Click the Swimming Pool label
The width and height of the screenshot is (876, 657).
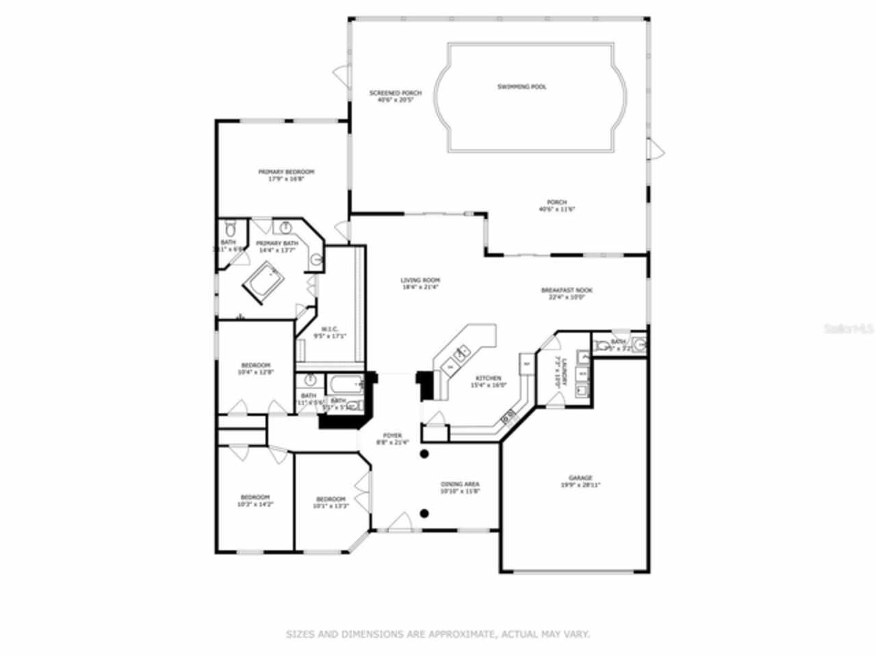coord(521,87)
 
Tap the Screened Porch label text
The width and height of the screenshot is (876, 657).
coord(396,96)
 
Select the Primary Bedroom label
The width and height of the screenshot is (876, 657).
coord(286,175)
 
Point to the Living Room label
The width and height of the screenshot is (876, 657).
coord(420,283)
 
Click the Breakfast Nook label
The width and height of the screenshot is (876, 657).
coord(567,294)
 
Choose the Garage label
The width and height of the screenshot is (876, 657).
coord(580,482)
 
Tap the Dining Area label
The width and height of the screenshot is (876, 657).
coord(460,487)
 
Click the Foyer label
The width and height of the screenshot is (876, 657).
coord(392,439)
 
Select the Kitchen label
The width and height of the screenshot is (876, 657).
coord(488,381)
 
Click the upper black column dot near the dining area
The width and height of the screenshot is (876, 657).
coord(424,454)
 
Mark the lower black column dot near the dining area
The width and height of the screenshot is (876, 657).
coord(424,513)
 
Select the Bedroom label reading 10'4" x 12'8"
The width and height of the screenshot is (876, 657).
coord(255,369)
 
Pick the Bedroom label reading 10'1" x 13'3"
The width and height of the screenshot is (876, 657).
coord(331,503)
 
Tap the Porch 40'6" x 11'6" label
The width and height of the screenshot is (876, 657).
coord(556,205)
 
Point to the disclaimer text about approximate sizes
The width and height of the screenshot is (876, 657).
coord(437,634)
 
